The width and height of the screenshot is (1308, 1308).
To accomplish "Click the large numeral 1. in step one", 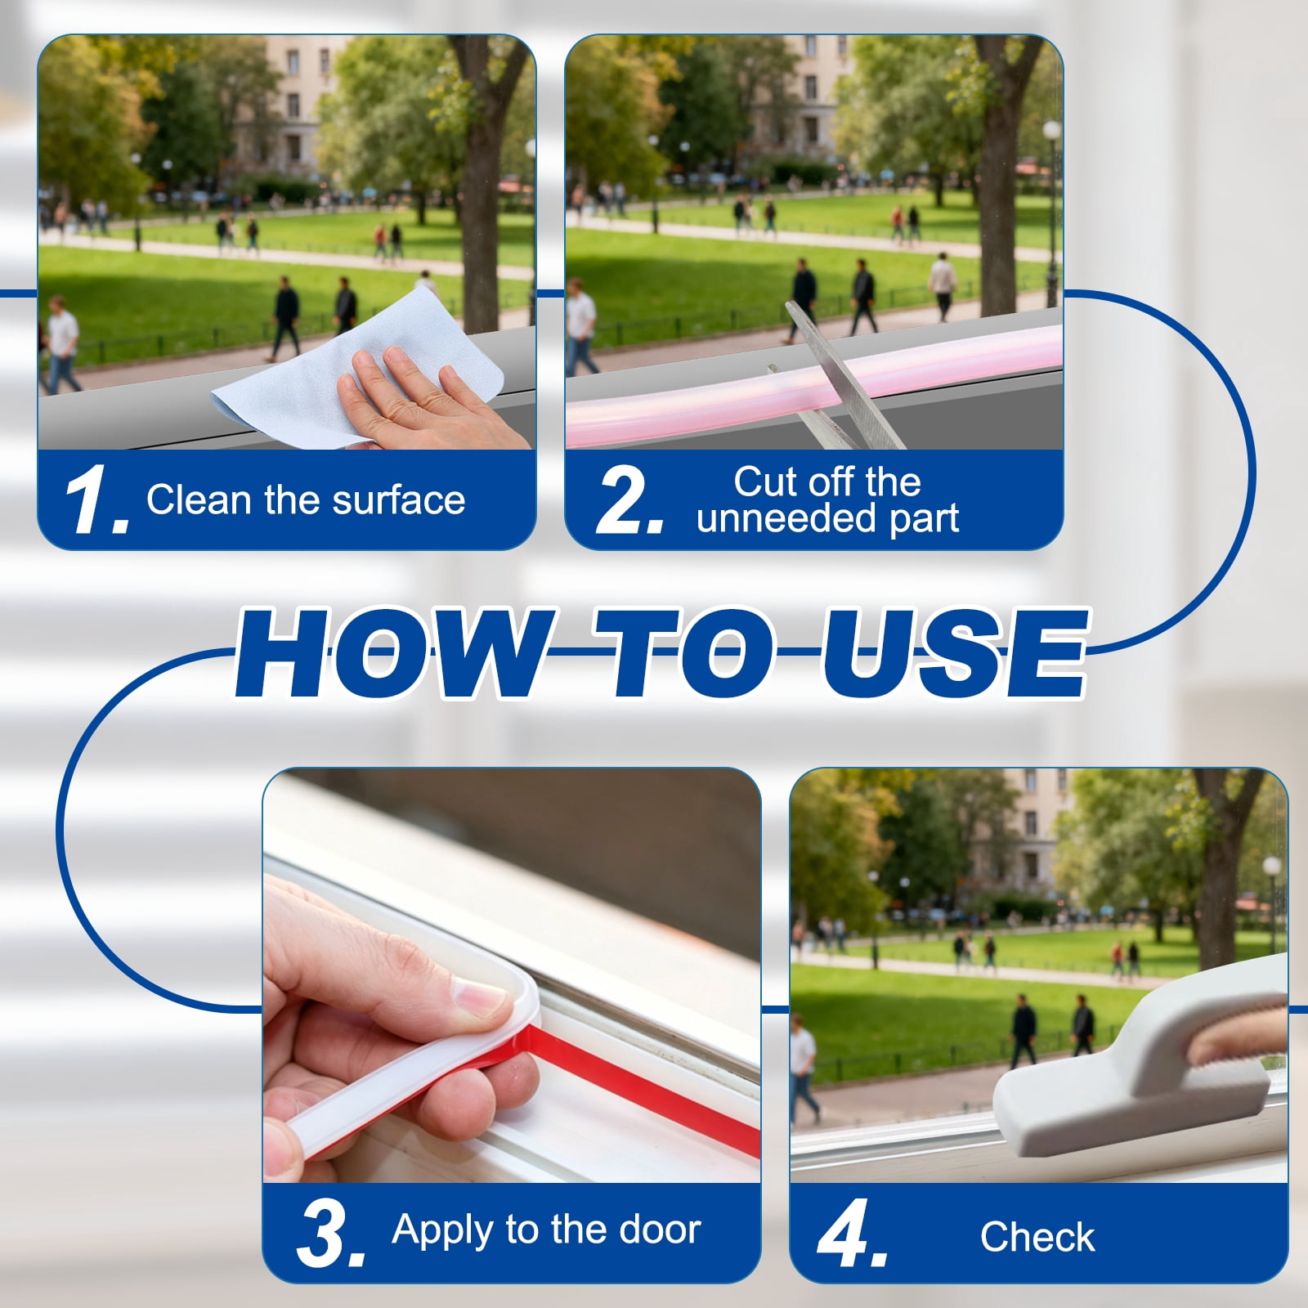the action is (96, 500).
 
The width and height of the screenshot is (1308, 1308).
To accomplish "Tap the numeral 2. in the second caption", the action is (629, 500).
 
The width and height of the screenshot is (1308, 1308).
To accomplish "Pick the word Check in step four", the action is (1037, 1236).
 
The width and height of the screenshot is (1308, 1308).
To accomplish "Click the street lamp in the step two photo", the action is (1051, 208).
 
